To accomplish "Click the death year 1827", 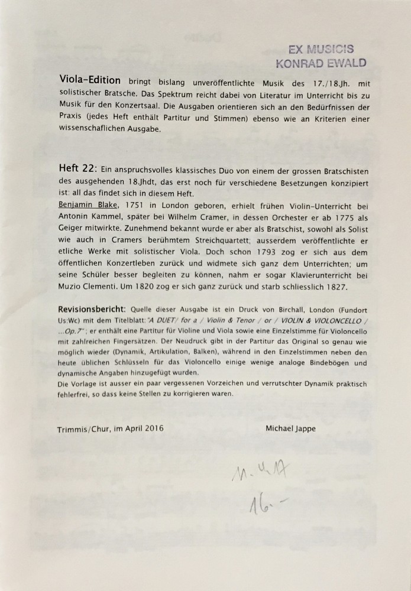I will (x=336, y=287).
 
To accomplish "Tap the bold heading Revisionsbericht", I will (x=92, y=310).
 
